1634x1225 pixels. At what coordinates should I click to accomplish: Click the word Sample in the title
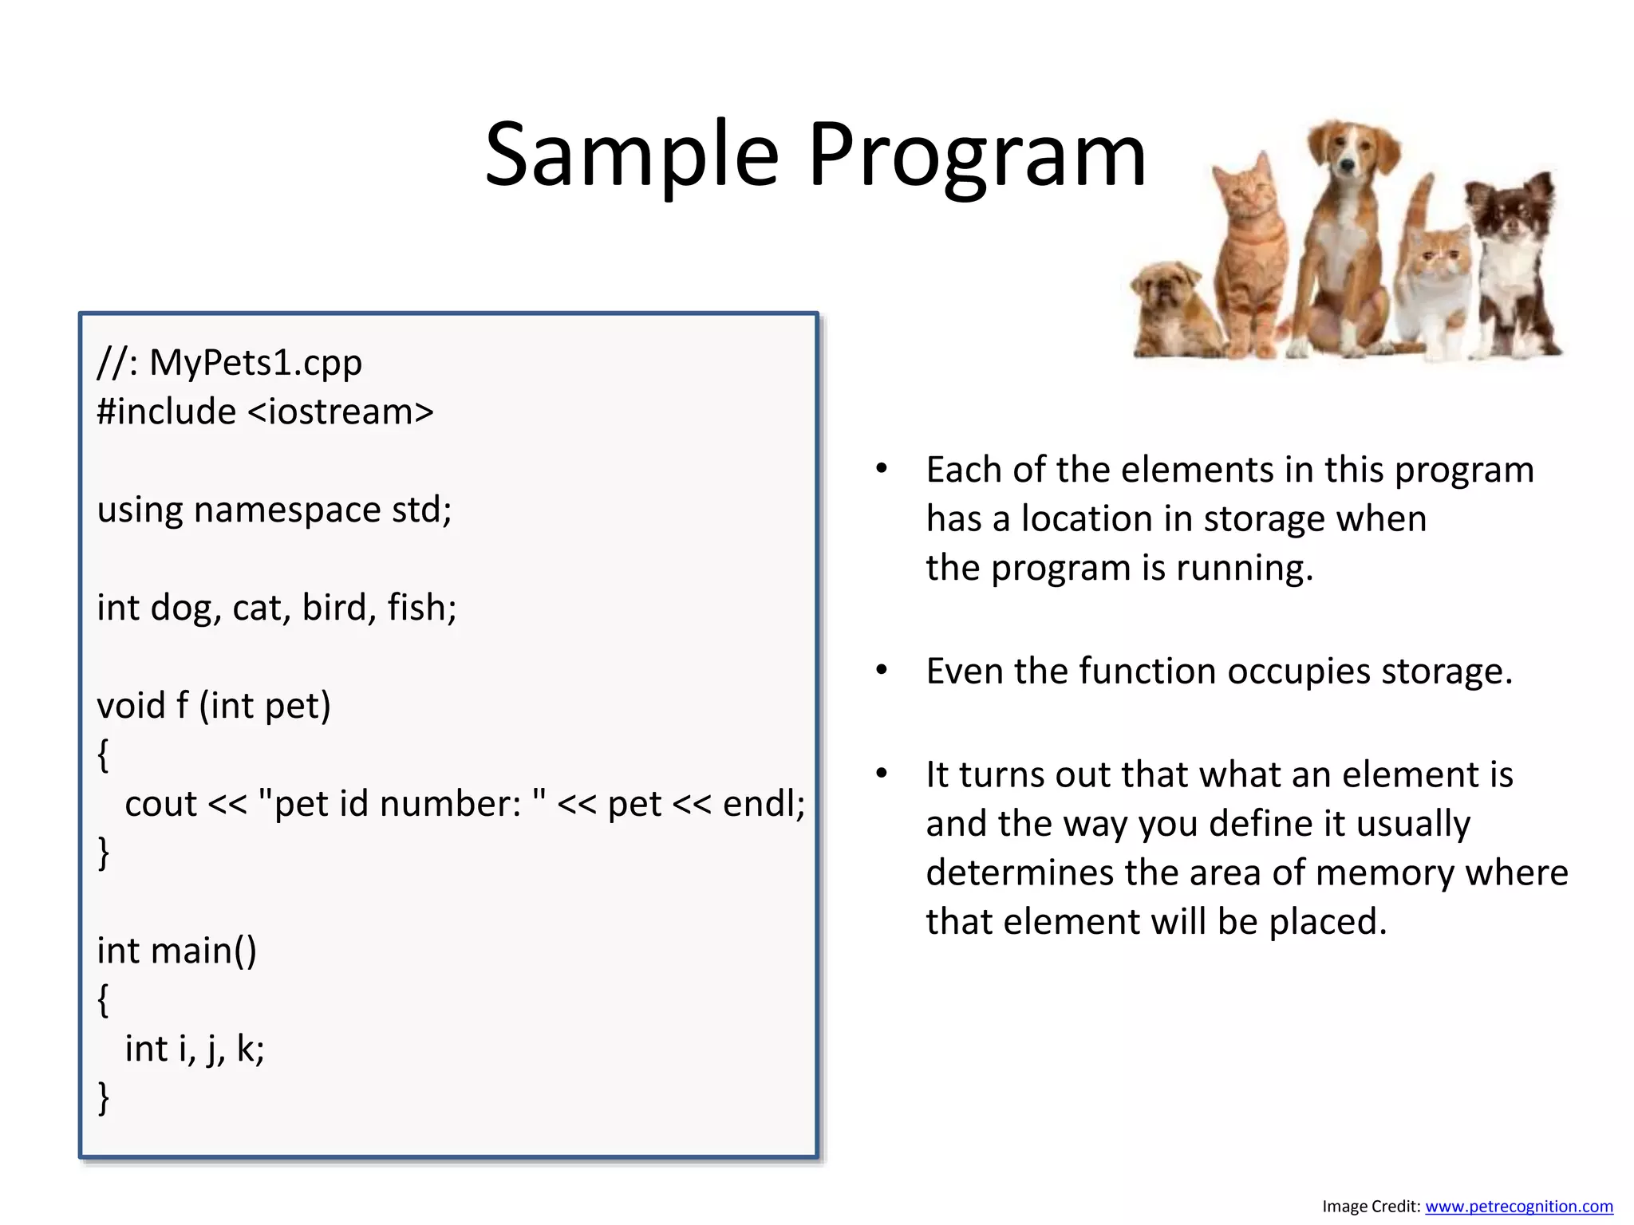coord(631,156)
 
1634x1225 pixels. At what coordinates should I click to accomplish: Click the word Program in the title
coord(977,156)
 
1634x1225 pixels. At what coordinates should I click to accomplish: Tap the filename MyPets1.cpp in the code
coord(255,363)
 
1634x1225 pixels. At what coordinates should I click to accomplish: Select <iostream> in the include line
coord(341,412)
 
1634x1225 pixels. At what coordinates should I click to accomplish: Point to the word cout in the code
coord(160,804)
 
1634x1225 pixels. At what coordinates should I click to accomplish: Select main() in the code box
coord(203,951)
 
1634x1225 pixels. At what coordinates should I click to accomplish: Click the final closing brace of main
coord(103,1098)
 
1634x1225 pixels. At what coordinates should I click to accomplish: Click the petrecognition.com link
coord(1518,1207)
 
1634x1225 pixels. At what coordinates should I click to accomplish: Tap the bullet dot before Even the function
coord(881,671)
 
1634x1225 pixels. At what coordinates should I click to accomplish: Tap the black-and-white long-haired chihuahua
coord(1512,255)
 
